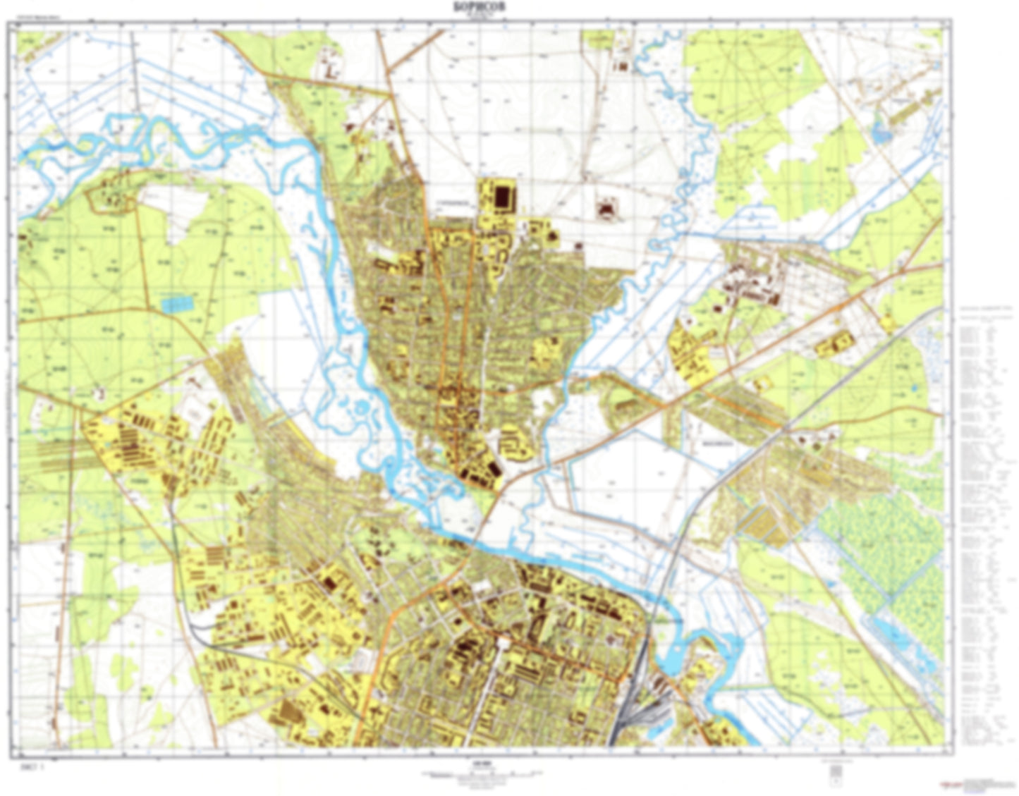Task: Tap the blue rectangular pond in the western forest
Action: [x=176, y=305]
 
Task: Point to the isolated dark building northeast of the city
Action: [x=606, y=209]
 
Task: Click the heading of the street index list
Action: [x=984, y=310]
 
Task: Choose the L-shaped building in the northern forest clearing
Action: [x=329, y=69]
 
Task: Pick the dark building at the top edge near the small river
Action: [x=623, y=66]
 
